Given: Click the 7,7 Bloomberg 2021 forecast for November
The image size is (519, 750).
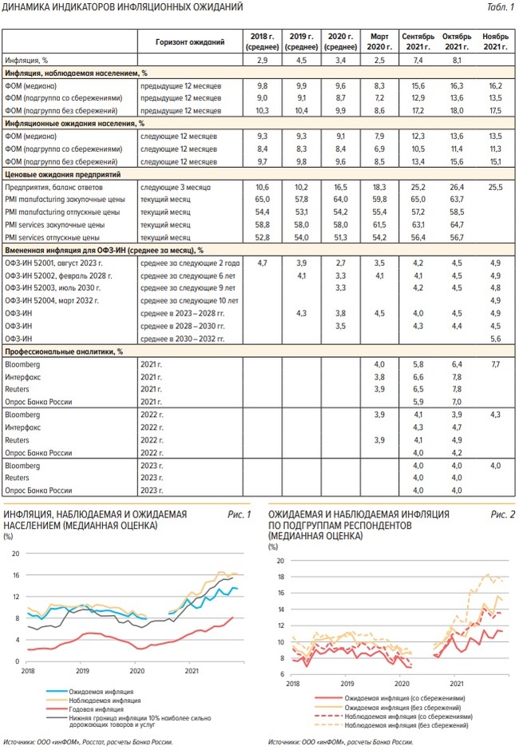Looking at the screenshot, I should click(495, 363).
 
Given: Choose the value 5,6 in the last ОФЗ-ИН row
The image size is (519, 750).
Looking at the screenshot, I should click(495, 339).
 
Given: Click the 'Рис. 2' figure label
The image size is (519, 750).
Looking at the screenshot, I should click(502, 514).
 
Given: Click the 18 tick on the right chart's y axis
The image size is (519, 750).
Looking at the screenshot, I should click(279, 576).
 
